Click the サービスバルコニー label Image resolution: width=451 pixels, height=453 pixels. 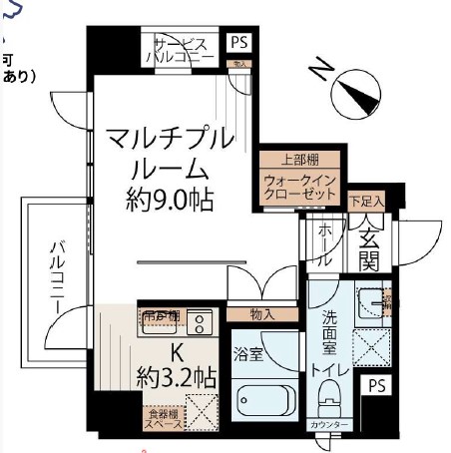point(181,50)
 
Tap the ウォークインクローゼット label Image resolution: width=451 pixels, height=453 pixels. point(301,187)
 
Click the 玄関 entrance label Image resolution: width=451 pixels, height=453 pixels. point(369,250)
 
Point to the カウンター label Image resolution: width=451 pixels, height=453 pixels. point(329,426)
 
